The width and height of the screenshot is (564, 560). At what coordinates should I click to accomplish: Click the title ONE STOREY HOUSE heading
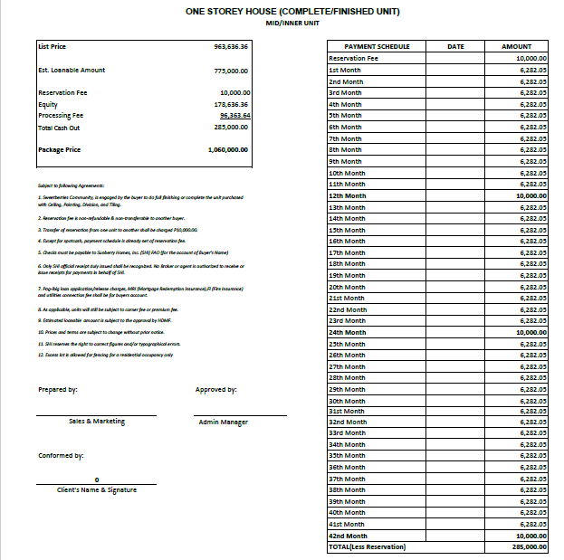pos(292,12)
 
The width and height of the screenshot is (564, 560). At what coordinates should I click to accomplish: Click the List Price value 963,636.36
pos(232,46)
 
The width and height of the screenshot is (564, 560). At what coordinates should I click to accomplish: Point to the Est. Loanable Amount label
pos(72,70)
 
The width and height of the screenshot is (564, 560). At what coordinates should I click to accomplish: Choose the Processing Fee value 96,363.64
pos(234,116)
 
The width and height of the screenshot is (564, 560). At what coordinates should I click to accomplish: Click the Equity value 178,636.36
pos(234,104)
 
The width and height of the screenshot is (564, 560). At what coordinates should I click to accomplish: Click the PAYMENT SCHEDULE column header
pos(378,46)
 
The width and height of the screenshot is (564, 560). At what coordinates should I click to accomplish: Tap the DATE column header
pos(455,46)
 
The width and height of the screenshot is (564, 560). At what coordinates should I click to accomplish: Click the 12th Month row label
pos(348,195)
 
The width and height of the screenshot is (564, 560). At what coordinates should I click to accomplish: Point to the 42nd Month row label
pos(348,536)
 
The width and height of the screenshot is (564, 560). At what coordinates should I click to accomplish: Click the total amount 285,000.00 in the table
pos(530,547)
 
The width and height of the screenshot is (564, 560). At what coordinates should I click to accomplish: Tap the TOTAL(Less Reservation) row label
pos(368,547)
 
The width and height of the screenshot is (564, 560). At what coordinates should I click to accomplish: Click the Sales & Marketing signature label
pos(97,422)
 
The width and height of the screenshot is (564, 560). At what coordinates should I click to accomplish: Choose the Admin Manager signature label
pos(223,422)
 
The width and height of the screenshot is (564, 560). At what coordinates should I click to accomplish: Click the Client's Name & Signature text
pos(97,489)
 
